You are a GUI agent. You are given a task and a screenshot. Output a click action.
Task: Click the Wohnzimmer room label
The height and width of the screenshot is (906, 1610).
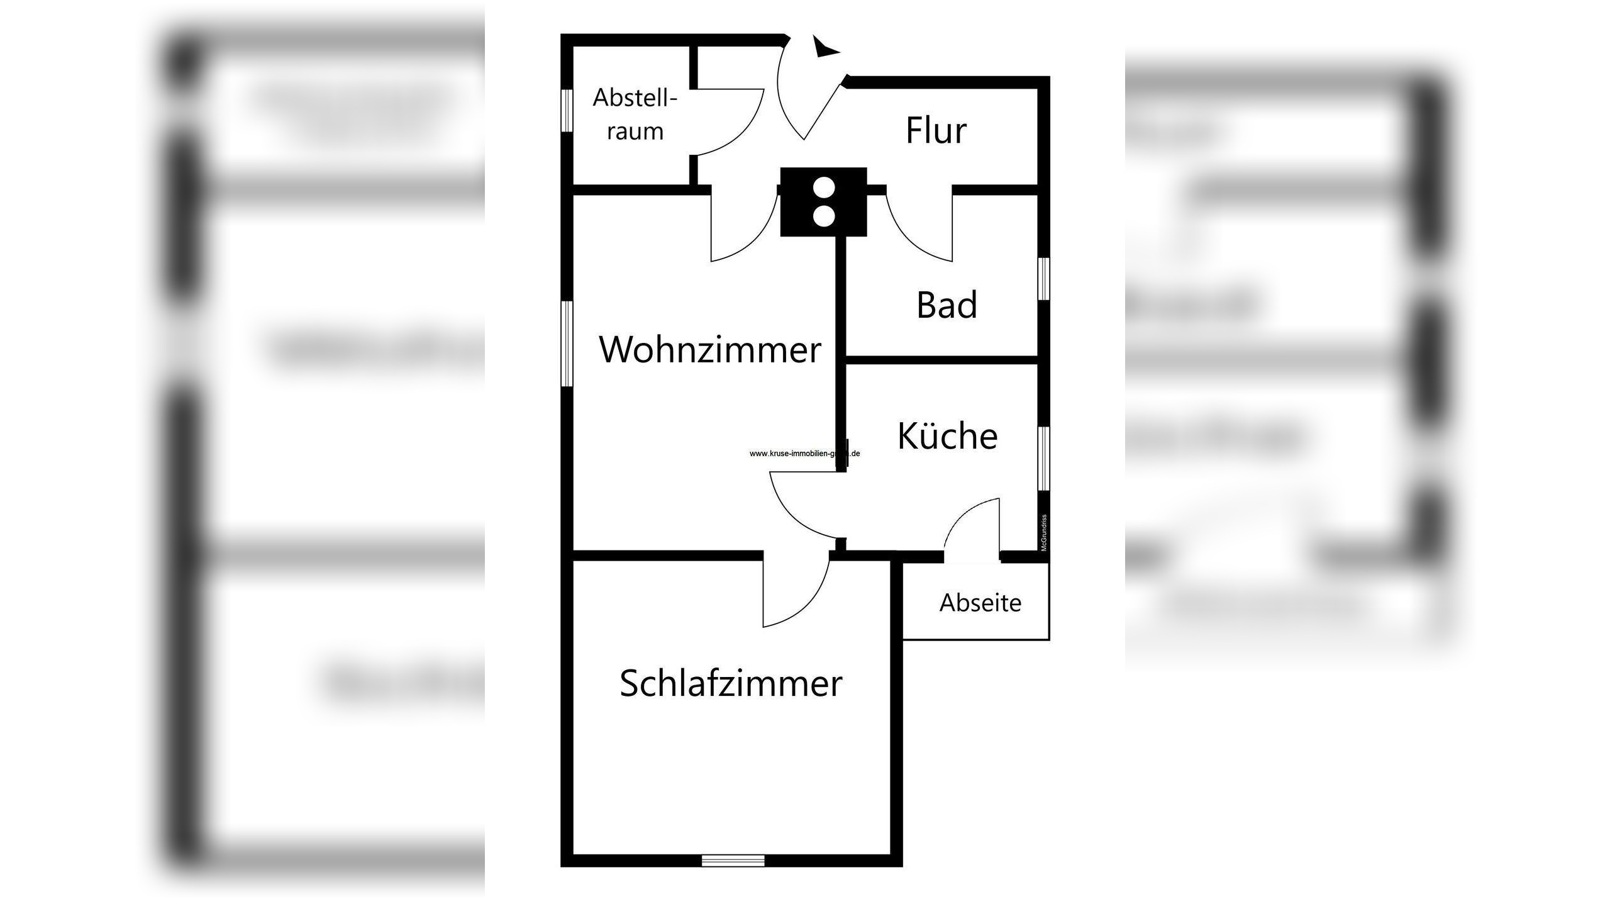(710, 350)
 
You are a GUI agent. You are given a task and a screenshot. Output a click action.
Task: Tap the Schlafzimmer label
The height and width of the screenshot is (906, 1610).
(731, 683)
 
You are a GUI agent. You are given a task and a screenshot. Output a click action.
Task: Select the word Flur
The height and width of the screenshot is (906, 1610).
(936, 131)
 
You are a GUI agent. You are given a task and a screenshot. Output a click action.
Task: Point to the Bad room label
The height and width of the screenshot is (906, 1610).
(947, 305)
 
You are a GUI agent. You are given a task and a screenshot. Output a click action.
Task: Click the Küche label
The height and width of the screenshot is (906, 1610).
(947, 435)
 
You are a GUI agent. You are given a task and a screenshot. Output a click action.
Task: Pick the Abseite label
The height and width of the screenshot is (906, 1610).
(980, 603)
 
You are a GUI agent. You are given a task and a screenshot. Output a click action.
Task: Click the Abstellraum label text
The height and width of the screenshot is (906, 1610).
(635, 115)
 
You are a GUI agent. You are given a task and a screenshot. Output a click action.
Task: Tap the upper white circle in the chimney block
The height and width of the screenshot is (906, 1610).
(823, 188)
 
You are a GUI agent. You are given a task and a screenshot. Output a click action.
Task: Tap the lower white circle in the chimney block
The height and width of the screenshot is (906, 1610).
(823, 216)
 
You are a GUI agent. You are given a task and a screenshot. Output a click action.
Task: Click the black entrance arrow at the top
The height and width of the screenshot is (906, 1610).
(824, 48)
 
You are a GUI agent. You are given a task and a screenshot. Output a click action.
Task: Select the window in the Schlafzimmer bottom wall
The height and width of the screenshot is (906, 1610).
(733, 860)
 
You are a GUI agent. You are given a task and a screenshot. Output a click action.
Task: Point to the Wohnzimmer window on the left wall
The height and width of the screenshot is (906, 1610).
(567, 344)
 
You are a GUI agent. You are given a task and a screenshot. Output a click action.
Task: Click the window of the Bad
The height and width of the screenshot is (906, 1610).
(1043, 279)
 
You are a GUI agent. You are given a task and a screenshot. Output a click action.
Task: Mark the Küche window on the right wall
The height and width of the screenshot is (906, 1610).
(1043, 458)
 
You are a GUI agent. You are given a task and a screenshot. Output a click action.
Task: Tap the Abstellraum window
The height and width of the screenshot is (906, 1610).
(567, 111)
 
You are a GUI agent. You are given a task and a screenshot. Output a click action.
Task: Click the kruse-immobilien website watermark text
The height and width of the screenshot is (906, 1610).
(804, 453)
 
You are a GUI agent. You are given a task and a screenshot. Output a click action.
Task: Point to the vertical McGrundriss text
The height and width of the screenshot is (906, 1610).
(1044, 533)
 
